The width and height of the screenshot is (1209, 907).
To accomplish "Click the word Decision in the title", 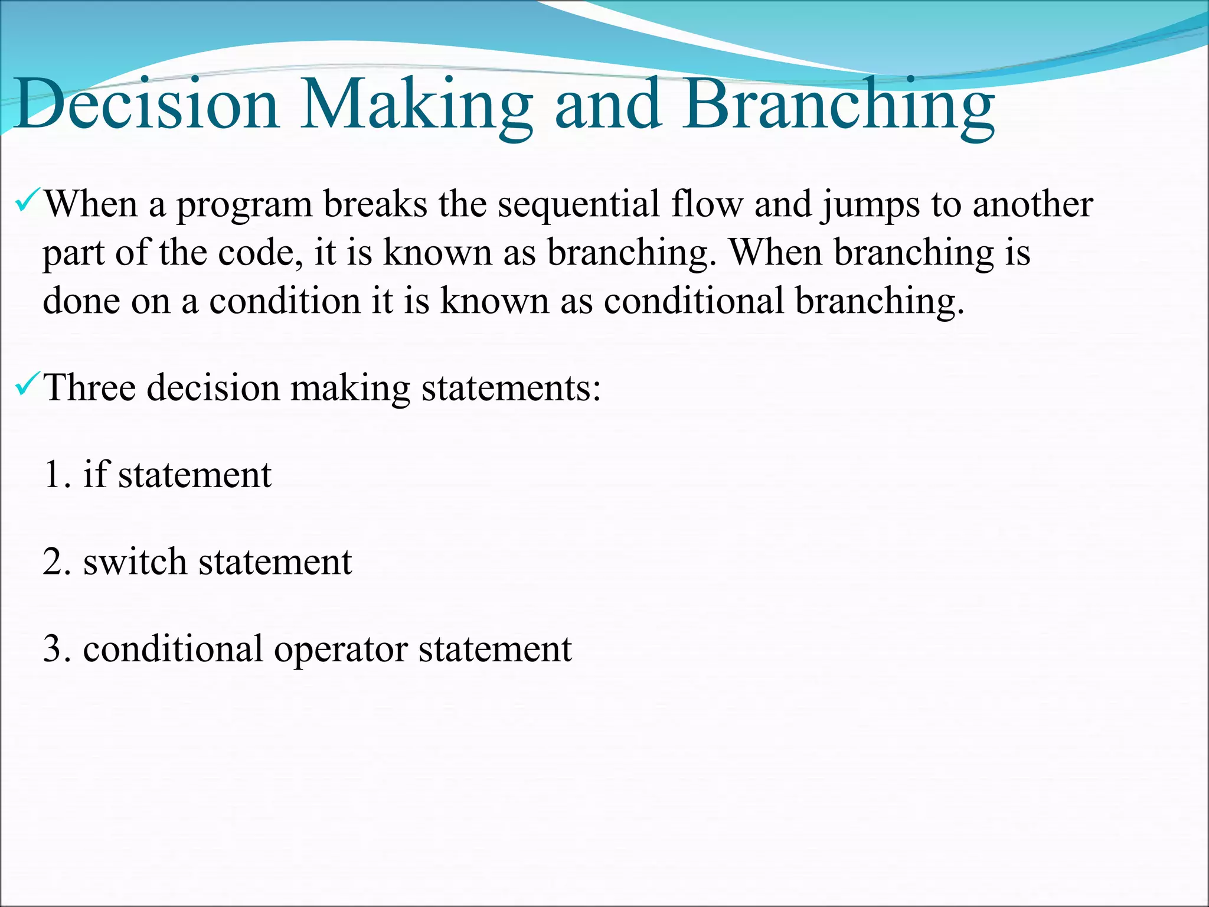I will point(146,105).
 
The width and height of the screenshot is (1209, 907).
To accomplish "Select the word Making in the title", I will point(416,105).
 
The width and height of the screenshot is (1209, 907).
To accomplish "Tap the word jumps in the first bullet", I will point(870,205).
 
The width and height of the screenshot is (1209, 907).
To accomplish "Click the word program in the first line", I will point(244,205).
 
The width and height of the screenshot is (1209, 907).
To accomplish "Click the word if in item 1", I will point(96,474).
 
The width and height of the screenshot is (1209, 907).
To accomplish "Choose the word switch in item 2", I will point(135,562).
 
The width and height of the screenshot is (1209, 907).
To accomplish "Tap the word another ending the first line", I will point(1032,205).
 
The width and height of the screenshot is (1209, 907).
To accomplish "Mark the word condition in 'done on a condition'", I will point(285,301).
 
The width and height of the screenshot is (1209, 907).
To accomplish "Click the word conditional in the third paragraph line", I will point(694,301).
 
